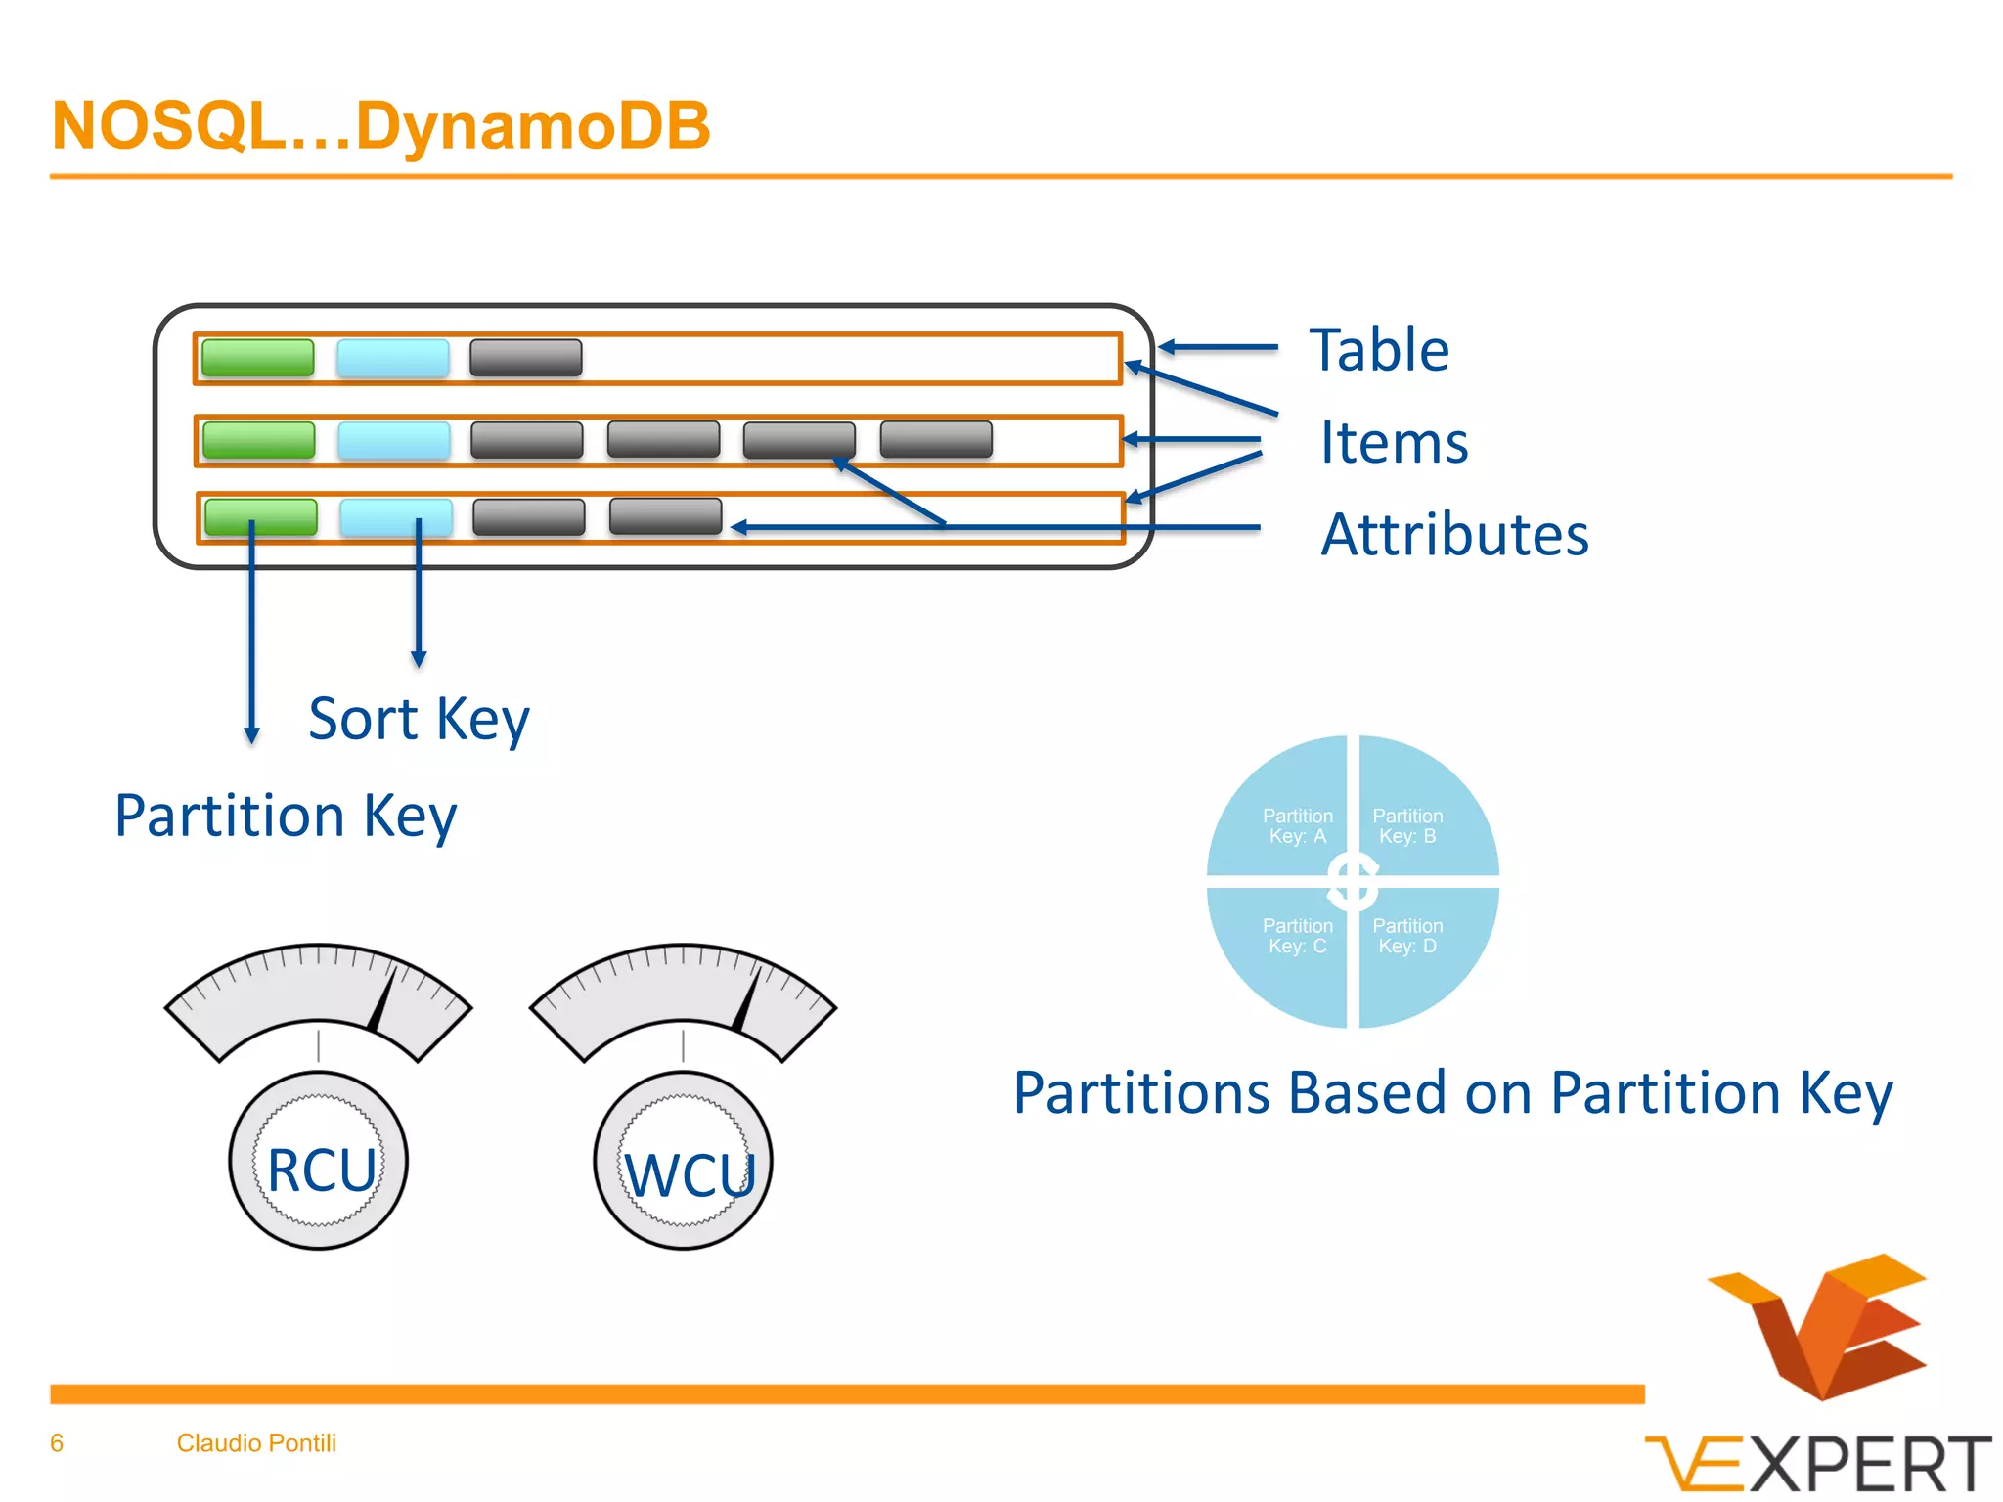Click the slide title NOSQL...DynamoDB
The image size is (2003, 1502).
380,126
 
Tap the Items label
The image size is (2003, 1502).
1393,442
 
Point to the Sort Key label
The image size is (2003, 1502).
419,720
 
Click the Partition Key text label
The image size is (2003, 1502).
286,816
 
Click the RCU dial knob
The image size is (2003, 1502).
319,1161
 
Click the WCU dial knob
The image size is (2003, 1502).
683,1161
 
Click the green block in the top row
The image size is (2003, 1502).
257,358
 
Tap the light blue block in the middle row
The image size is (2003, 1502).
393,440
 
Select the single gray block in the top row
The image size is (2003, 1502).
525,358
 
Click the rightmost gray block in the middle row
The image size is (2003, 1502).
935,440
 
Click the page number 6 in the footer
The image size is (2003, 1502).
57,1443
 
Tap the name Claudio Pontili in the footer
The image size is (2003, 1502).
256,1443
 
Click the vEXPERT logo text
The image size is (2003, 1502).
1819,1465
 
